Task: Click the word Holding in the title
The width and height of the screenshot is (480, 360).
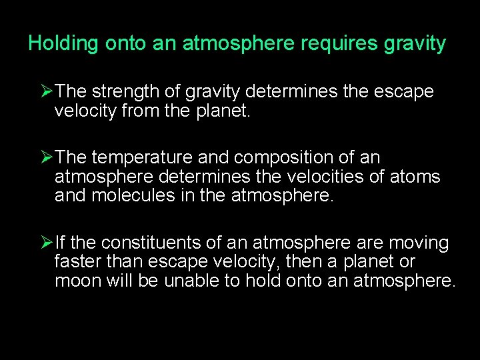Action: click(x=63, y=44)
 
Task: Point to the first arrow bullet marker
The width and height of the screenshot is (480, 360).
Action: click(x=47, y=91)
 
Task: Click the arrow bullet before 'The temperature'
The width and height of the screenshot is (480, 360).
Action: click(x=47, y=158)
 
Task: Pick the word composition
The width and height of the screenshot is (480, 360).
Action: click(x=288, y=158)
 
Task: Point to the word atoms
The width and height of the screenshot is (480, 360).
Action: click(x=418, y=177)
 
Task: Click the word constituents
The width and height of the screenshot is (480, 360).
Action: click(x=142, y=243)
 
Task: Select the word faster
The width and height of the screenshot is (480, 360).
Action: click(x=76, y=262)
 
